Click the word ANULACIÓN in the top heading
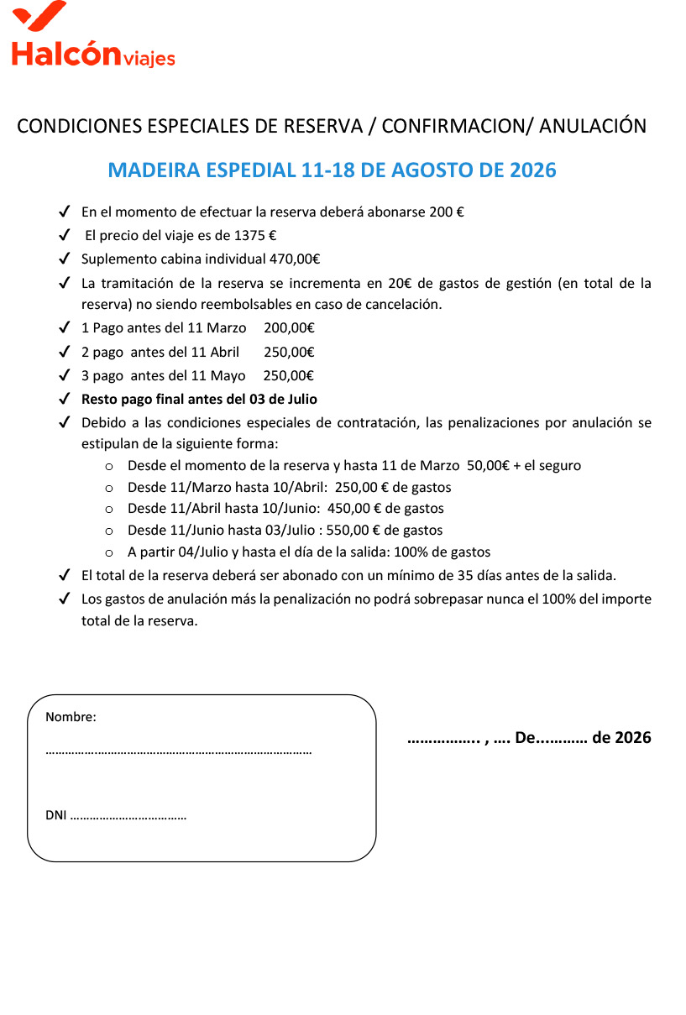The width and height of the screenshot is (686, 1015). [593, 126]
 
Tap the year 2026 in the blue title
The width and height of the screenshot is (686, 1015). [533, 170]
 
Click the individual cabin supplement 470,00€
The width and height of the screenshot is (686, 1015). [295, 259]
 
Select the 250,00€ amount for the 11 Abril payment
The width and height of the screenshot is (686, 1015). [289, 352]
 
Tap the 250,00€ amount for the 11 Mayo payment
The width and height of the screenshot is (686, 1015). [289, 375]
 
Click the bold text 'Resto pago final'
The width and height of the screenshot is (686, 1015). [134, 400]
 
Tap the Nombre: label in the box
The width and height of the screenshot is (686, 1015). [71, 717]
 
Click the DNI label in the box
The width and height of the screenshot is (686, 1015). [55, 815]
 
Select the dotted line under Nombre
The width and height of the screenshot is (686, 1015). [178, 752]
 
